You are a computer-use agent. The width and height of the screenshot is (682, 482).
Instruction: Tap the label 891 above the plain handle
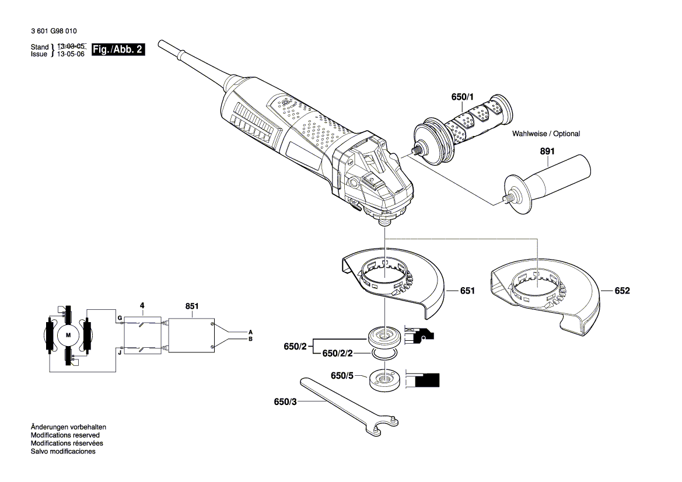tap(547, 152)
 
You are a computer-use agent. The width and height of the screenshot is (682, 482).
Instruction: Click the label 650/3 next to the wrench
tap(285, 401)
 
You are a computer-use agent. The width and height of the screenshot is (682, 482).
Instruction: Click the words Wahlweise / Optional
tap(546, 134)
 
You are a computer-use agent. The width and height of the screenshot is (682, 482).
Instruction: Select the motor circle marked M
tap(68, 335)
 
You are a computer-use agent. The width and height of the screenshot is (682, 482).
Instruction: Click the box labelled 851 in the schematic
tap(190, 335)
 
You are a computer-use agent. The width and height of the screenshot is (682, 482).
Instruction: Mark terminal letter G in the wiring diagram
tap(119, 318)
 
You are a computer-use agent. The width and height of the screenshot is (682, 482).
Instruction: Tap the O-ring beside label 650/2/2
tap(384, 354)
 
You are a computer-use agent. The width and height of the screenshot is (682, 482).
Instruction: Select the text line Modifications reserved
tap(65, 435)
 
